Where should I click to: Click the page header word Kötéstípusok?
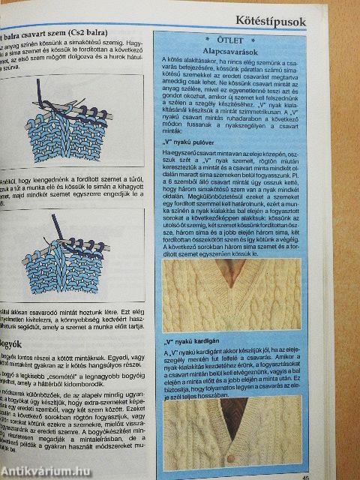[271, 21]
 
